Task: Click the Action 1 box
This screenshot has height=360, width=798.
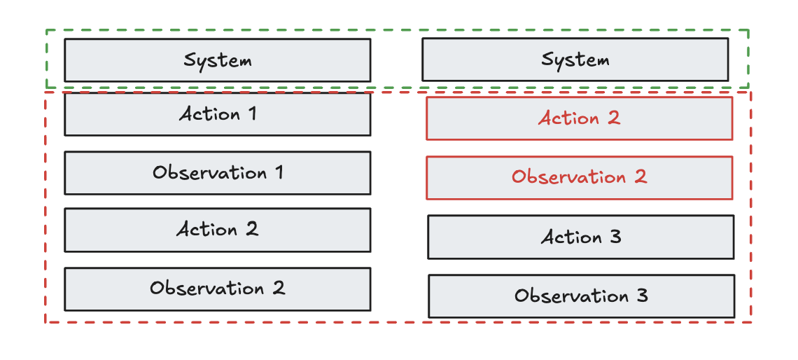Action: click(217, 114)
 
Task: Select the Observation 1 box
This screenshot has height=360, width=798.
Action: click(217, 172)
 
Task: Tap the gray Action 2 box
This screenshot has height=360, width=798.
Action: click(217, 230)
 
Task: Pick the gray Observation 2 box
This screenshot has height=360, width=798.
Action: click(217, 289)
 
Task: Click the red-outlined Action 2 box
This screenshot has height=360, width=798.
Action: click(579, 118)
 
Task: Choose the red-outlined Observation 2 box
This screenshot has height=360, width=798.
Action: click(579, 177)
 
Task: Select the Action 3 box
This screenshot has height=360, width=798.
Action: click(581, 237)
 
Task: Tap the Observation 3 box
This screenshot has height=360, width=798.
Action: click(581, 296)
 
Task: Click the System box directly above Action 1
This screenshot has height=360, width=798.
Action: click(217, 60)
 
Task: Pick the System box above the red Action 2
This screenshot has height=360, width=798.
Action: click(575, 60)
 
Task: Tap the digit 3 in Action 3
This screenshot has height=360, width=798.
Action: click(615, 237)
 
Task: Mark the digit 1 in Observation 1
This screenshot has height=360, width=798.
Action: click(279, 172)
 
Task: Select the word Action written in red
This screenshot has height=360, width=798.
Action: click(568, 118)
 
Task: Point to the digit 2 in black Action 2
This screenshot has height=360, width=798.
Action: click(251, 230)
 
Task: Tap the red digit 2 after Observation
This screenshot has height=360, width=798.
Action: click(640, 176)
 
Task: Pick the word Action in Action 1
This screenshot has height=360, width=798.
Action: click(209, 114)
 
